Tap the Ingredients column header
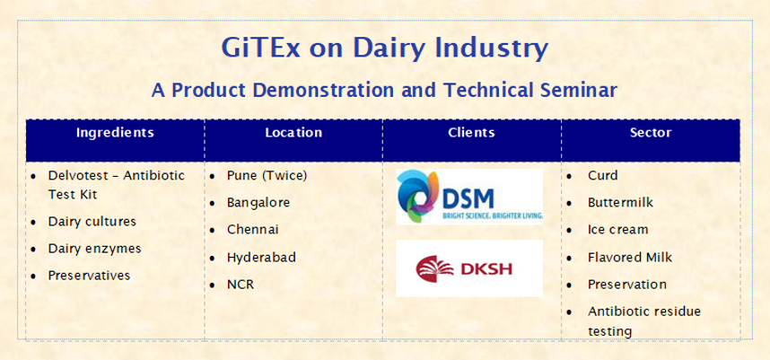coord(115,133)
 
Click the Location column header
coord(293,133)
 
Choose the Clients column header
coord(471,133)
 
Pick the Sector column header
coord(651,133)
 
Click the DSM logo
coord(469,197)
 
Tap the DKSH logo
coord(469,268)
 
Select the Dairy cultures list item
coord(92,222)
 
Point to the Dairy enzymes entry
coord(94,249)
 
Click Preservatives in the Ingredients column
coord(89,276)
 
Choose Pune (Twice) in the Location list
coord(267,176)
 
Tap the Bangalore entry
coord(258,202)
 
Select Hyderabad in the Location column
coord(261,258)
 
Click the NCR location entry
coord(241,285)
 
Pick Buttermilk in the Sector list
coord(620,202)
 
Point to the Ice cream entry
coord(617,229)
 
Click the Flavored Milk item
coord(630,257)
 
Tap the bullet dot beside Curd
coord(569,176)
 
